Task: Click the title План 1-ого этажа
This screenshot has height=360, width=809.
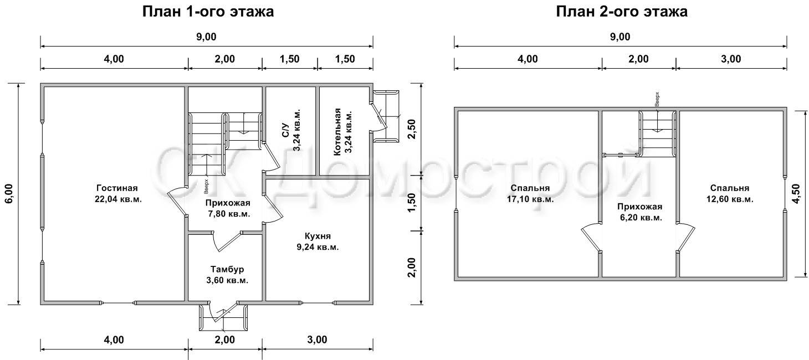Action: pos(208,12)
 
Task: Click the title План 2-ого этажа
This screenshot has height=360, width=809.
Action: pos(622,12)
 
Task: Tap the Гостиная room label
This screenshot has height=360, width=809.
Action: pos(117,188)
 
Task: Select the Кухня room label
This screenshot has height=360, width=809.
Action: pos(318,236)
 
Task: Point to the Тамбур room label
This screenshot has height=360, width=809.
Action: pos(227,269)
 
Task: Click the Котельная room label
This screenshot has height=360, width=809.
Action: pos(337,132)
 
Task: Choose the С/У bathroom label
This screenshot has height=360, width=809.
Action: pos(285,130)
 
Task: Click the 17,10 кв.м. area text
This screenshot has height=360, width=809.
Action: pos(530,199)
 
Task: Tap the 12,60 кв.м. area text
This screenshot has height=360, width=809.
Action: pos(730,199)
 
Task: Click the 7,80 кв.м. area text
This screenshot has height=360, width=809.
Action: pos(229,214)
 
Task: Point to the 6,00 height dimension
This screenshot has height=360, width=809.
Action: pos(9,194)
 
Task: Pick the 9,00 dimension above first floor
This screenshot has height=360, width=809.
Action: pos(206,37)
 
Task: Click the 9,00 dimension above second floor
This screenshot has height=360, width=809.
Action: pos(620,37)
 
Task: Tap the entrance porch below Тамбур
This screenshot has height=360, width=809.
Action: pos(223,317)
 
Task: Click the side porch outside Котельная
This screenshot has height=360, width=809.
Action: pos(386,116)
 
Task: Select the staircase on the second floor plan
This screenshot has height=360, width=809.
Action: pos(657,133)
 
